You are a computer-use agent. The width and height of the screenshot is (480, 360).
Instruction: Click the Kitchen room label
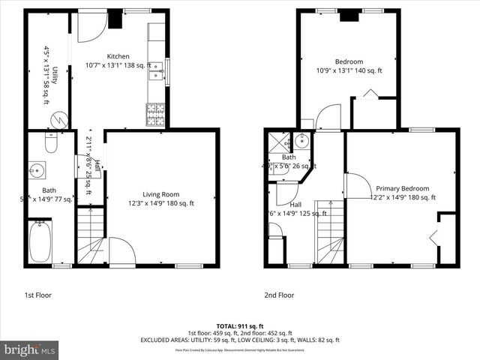coord(118,56)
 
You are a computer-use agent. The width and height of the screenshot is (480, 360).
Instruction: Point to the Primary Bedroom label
coord(403,188)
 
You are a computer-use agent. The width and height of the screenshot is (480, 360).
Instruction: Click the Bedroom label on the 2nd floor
coord(349,61)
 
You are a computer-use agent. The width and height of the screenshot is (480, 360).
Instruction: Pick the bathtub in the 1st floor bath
coord(40,241)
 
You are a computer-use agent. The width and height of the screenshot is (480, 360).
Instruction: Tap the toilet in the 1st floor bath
coord(51,142)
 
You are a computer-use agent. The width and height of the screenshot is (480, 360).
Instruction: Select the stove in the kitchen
coord(155,115)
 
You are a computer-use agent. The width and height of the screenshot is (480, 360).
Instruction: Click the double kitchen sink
coord(157,71)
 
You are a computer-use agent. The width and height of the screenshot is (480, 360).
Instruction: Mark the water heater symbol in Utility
coord(64,118)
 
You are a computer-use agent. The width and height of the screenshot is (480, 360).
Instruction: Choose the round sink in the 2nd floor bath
coord(301,140)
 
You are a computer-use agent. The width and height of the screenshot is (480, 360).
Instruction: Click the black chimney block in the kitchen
coord(115,19)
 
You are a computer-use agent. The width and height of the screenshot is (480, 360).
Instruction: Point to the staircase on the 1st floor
coord(91,237)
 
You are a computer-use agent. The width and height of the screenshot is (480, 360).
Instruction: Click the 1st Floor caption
coord(37,295)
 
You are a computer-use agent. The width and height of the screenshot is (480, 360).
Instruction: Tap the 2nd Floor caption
coord(279,295)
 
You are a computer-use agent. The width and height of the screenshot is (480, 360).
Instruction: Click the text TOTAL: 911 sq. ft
coord(239,326)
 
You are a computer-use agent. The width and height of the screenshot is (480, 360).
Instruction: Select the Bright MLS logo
coord(30,349)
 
